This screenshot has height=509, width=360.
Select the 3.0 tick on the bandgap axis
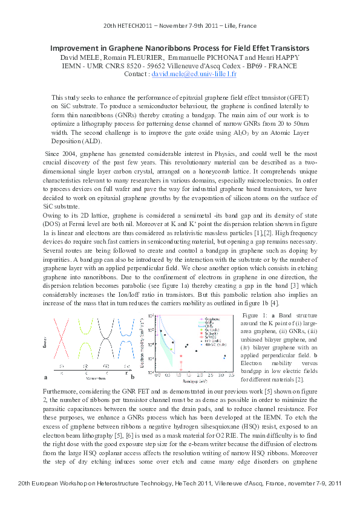coord(224,376)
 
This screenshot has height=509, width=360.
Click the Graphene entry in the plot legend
coord(212,318)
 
